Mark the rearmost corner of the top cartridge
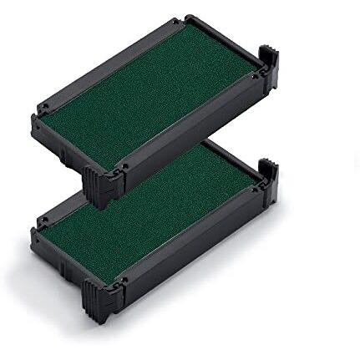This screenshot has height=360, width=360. [x=188, y=17]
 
